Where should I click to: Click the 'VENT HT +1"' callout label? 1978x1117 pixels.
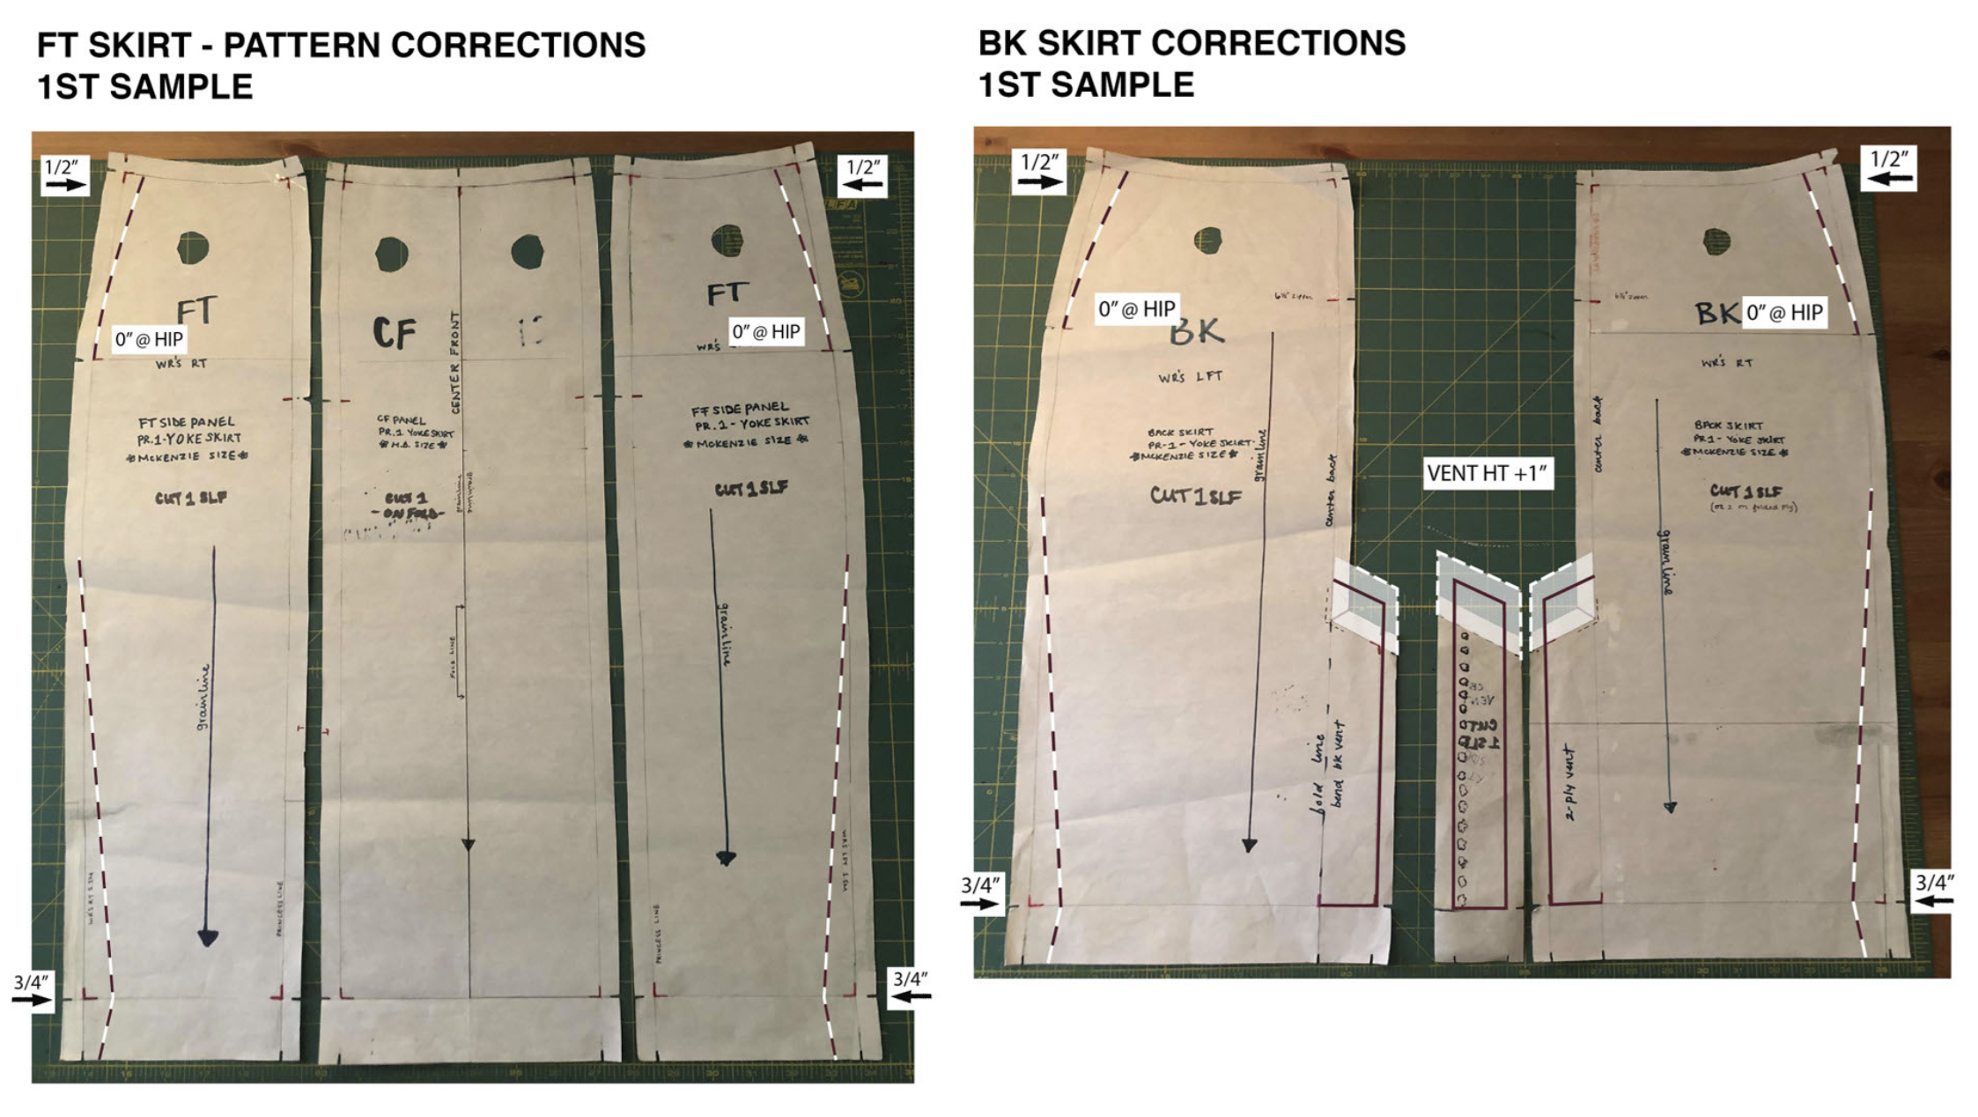[x=1487, y=473]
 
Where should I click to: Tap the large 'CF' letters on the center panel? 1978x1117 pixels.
[x=394, y=333]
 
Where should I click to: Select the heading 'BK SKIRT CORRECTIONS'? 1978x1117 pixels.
[x=1192, y=43]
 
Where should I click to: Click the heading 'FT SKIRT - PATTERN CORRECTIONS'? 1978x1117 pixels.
[x=341, y=45]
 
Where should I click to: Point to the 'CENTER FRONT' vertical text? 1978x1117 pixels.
[x=455, y=362]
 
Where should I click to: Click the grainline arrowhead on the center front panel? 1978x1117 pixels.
[x=469, y=845]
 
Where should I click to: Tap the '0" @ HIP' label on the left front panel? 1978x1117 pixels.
[x=149, y=339]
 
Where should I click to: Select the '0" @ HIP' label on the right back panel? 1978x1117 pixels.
[x=1784, y=312]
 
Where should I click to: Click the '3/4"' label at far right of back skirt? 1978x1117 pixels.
[x=1934, y=883]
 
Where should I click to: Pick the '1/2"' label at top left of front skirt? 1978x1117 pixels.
[x=63, y=167]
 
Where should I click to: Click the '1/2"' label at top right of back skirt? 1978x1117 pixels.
[x=1889, y=159]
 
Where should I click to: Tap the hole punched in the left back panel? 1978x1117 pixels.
[x=1207, y=240]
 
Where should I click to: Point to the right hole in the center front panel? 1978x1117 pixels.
[x=527, y=251]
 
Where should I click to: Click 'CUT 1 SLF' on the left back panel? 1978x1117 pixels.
[x=1196, y=496]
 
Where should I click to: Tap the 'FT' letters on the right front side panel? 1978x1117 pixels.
[x=727, y=293]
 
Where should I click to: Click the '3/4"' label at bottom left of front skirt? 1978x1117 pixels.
[x=31, y=982]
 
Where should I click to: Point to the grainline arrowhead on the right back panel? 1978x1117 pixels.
[x=1670, y=807]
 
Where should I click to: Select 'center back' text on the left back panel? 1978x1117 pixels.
[x=1332, y=491]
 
